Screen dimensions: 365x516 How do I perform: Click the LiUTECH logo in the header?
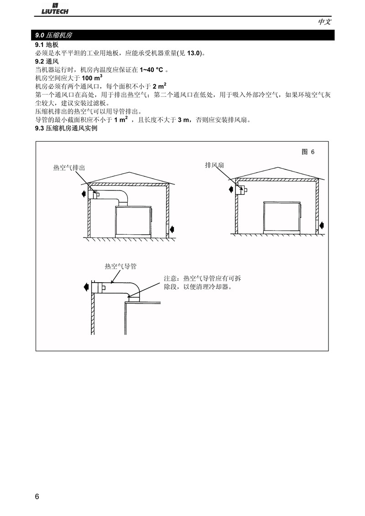click(x=55, y=9)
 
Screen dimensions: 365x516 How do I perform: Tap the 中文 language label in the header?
click(x=324, y=22)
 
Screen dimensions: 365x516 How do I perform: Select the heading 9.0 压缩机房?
click(x=54, y=35)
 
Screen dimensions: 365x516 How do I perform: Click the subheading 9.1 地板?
click(x=47, y=45)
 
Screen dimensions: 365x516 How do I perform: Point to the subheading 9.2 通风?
click(x=47, y=62)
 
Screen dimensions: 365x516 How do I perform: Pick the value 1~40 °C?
click(x=151, y=70)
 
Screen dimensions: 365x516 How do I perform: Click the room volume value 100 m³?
click(x=92, y=77)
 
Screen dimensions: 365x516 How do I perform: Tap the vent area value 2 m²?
click(x=159, y=86)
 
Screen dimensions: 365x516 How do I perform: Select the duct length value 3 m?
click(x=183, y=120)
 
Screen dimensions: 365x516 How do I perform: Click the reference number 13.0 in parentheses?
click(x=194, y=53)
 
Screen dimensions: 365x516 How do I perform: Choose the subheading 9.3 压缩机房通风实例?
click(x=66, y=128)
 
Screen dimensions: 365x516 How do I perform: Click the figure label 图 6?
click(x=308, y=152)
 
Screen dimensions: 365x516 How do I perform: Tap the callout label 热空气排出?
click(x=69, y=168)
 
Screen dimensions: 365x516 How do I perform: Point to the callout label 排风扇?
click(x=214, y=165)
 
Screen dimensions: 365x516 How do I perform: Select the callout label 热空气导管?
click(x=120, y=266)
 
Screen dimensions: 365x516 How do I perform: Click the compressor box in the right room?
click(x=282, y=218)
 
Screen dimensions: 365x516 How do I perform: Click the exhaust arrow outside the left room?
click(x=84, y=193)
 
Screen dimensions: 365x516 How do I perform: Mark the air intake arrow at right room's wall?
click(x=322, y=226)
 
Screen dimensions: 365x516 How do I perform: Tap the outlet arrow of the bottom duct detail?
click(x=86, y=287)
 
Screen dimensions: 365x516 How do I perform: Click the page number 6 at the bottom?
click(x=37, y=496)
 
